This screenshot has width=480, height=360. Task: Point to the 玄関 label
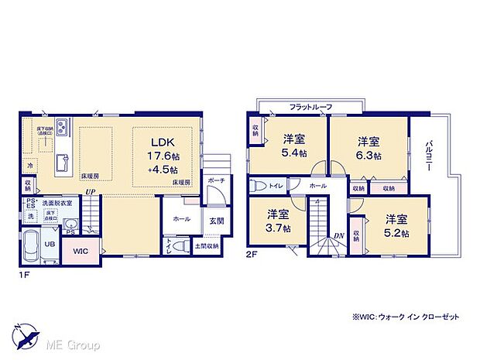click(x=216, y=221)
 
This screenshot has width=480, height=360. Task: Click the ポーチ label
click(x=216, y=180)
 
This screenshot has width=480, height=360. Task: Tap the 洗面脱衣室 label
click(x=57, y=203)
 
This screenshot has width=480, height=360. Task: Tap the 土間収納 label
click(x=205, y=246)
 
